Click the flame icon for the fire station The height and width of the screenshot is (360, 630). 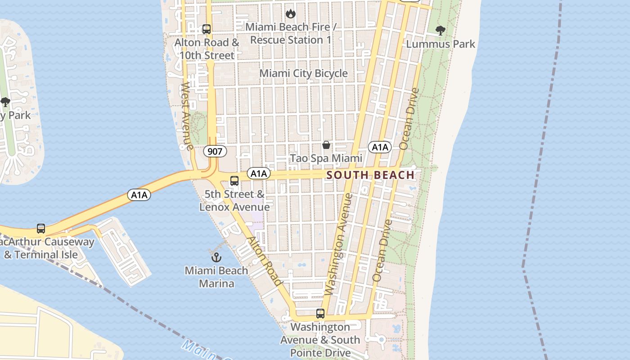[x=291, y=14]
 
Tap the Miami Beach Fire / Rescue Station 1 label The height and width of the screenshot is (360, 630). [x=291, y=33]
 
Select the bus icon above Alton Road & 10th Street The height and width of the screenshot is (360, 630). [x=207, y=29]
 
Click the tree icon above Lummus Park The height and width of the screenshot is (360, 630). [x=441, y=31]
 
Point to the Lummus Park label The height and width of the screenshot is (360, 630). [x=441, y=44]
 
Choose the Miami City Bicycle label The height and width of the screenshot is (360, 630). [x=304, y=73]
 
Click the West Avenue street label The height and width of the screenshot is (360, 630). [x=187, y=116]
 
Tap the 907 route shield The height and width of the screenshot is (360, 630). [x=215, y=151]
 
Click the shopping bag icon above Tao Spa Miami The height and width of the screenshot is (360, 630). [x=326, y=145]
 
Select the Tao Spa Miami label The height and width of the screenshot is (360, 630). [x=326, y=158]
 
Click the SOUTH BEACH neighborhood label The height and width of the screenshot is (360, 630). [x=370, y=175]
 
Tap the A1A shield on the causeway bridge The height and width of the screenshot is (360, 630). [x=139, y=195]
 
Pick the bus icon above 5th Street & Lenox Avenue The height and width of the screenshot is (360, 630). [x=234, y=181]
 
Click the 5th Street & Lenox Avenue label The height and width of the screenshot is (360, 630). [x=234, y=201]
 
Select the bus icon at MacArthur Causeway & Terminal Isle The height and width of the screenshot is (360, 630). [x=41, y=229]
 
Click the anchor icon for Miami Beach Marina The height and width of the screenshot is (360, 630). [x=216, y=257]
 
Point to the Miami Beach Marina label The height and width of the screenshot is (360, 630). [x=216, y=277]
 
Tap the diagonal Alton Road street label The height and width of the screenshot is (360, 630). [x=265, y=261]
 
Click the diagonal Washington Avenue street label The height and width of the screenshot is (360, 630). [x=337, y=244]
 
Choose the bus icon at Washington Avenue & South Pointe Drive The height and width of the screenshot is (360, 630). [x=320, y=314]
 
